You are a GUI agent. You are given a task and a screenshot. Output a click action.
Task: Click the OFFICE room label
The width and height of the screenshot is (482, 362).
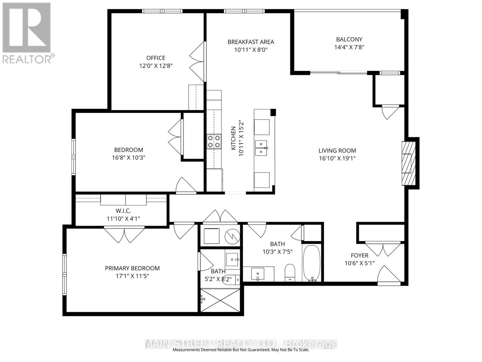(156, 58)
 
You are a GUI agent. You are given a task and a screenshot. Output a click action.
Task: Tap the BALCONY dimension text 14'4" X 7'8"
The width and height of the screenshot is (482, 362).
(349, 47)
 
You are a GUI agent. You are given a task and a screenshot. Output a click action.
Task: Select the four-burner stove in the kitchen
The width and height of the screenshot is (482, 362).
(214, 141)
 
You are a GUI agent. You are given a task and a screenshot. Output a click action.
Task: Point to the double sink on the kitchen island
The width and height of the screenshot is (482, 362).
(261, 148)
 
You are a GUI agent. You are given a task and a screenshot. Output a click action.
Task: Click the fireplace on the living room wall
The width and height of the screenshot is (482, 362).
(409, 163)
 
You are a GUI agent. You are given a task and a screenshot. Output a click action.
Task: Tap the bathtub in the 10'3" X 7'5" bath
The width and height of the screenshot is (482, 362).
(311, 263)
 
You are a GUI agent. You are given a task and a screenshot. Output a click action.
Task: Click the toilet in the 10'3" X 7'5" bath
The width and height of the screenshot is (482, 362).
(290, 273)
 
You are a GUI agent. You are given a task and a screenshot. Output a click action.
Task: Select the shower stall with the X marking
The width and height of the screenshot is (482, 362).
(220, 300)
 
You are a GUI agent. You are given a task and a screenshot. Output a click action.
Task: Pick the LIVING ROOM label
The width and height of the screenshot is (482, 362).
(337, 151)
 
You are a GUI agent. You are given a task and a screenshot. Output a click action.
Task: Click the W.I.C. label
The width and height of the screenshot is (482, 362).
(123, 211)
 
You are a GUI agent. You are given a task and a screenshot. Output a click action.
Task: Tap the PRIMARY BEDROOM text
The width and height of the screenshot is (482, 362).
(132, 268)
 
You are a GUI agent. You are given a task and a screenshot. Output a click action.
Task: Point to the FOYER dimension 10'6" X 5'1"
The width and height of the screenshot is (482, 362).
(359, 263)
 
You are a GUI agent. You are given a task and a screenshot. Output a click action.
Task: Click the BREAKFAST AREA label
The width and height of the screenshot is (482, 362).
(251, 42)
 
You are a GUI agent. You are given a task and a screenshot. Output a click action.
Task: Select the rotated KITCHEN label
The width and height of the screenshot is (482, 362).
(233, 138)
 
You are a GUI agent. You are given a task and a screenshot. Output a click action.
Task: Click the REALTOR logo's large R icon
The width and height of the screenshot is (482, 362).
(26, 27)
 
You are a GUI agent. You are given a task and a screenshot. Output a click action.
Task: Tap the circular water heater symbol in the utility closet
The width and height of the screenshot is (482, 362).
(232, 236)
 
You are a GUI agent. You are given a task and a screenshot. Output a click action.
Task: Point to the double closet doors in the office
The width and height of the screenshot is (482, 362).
(197, 62)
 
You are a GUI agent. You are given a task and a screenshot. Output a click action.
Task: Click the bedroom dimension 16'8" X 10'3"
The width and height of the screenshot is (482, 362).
(129, 158)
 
